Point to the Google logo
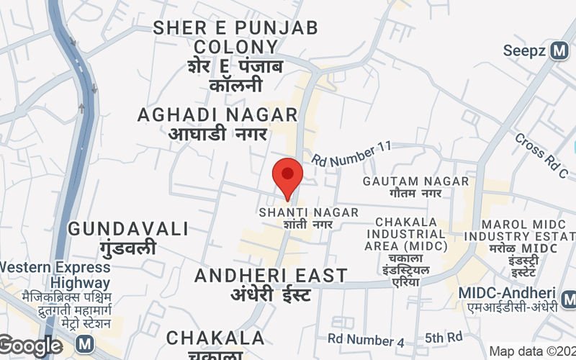[30, 346]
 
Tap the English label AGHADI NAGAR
[217, 114]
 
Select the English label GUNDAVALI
[129, 229]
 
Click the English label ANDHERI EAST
[271, 276]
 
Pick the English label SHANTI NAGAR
[309, 212]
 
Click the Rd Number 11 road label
[351, 155]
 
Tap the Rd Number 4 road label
[371, 338]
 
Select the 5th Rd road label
[444, 337]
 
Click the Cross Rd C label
[541, 156]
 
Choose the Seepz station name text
[526, 51]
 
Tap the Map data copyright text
[532, 351]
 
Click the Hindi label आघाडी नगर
[217, 134]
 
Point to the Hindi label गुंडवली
[129, 249]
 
